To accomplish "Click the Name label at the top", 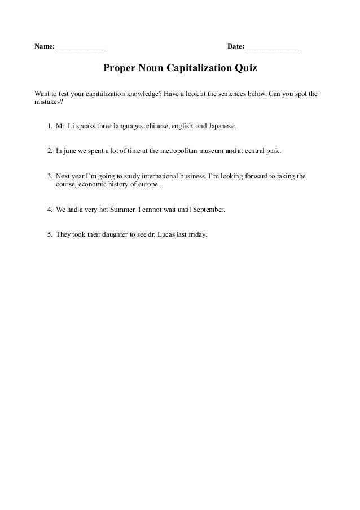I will (44, 46).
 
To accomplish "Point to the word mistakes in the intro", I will (47, 103).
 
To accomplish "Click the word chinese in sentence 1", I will (157, 128).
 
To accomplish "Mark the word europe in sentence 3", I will (148, 184).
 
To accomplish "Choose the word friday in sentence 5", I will (197, 233).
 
